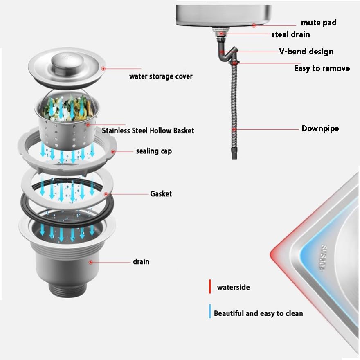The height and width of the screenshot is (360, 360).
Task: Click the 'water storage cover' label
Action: (161, 76)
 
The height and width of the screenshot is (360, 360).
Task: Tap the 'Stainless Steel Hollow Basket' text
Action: (148, 130)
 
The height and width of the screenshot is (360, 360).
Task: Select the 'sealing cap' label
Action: (154, 151)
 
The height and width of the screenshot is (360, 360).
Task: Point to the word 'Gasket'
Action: (161, 194)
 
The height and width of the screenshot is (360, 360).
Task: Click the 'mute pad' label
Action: (319, 23)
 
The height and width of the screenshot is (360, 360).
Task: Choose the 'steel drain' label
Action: (290, 34)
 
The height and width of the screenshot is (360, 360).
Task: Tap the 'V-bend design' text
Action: (306, 52)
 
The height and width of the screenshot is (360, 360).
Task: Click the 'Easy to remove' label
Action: (322, 68)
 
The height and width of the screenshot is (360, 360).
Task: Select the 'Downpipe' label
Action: (320, 128)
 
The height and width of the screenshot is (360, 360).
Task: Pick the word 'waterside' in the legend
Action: (234, 287)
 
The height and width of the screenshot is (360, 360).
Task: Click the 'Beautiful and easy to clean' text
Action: (258, 313)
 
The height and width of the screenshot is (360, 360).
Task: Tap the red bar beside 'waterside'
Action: (210, 286)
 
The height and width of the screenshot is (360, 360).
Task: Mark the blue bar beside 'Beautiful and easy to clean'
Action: (210, 311)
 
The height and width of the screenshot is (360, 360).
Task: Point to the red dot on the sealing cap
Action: (113, 152)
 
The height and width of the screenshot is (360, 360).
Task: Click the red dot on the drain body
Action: (91, 262)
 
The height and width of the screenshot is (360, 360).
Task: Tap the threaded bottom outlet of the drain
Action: (68, 290)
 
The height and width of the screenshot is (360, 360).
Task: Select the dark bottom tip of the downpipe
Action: (234, 153)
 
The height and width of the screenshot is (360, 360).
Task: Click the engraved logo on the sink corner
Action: (323, 258)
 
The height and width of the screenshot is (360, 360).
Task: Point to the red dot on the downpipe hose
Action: (234, 130)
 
